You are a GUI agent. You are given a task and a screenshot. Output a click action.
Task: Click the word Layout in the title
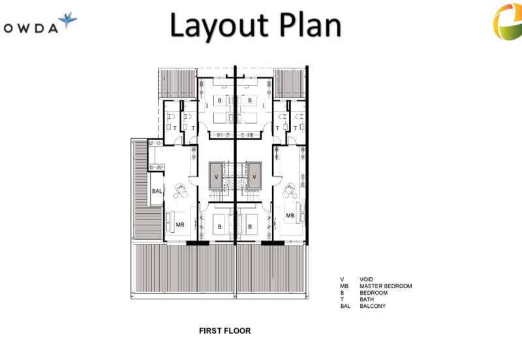pos(219,26)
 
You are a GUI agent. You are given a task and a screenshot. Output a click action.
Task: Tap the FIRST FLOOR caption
pos(224,331)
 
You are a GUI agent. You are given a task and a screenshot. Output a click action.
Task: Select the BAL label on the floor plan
pos(157,191)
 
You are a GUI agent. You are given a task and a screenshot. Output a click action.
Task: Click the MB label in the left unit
pos(180,225)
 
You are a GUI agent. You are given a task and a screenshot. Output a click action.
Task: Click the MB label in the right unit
pos(290,216)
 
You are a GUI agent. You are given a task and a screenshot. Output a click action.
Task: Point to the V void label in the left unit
pos(217,177)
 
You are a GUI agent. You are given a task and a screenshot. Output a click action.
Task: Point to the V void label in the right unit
pos(254,177)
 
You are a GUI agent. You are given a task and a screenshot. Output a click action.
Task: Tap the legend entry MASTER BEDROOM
pos(386,286)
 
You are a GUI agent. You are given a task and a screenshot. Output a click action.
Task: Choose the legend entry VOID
pos(366,280)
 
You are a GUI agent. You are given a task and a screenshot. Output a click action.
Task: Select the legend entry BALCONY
pos(373,306)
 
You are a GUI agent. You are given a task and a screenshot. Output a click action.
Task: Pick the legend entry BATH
pos(367,299)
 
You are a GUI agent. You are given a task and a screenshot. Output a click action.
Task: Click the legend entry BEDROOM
pos(373,293)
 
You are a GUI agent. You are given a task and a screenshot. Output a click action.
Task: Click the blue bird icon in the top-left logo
pos(68,20)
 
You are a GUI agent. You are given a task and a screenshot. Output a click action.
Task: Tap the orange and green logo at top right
pos(508,22)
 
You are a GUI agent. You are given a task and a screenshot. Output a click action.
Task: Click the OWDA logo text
pos(31,29)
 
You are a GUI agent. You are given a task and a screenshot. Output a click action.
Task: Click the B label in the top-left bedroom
pos(220,100)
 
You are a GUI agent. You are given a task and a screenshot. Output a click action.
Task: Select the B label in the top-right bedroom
pos(250,100)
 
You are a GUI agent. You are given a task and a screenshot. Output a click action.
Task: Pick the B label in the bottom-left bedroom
pos(220,227)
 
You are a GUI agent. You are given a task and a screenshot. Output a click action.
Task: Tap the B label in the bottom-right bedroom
pos(250,227)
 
